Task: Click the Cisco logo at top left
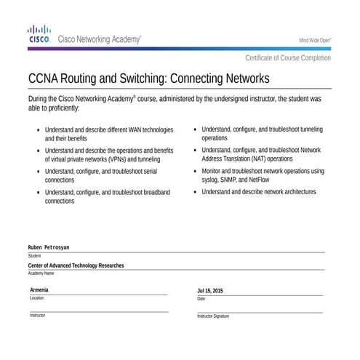pyautogui.click(x=39, y=33)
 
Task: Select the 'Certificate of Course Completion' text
pyautogui.click(x=288, y=57)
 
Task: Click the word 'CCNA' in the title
pyautogui.click(x=44, y=78)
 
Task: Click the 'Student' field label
pyautogui.click(x=34, y=256)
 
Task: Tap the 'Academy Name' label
pyautogui.click(x=41, y=273)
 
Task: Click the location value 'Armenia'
pyautogui.click(x=39, y=290)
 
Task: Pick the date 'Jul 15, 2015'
pyautogui.click(x=210, y=291)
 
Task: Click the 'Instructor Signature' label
pyautogui.click(x=213, y=316)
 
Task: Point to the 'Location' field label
pyautogui.click(x=37, y=298)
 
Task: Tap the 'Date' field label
pyautogui.click(x=201, y=299)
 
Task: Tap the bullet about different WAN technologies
pyautogui.click(x=39, y=130)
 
